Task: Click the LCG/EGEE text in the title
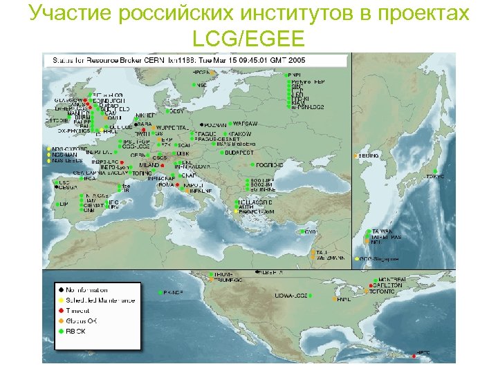coord(248,37)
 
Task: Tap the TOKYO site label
coord(435,176)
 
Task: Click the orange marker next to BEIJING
coord(356,156)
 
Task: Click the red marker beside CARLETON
coord(370,285)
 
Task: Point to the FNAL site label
coord(344,300)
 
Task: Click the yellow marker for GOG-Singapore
coord(357,260)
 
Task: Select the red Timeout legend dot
coord(61,311)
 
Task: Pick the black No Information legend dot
coord(61,290)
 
